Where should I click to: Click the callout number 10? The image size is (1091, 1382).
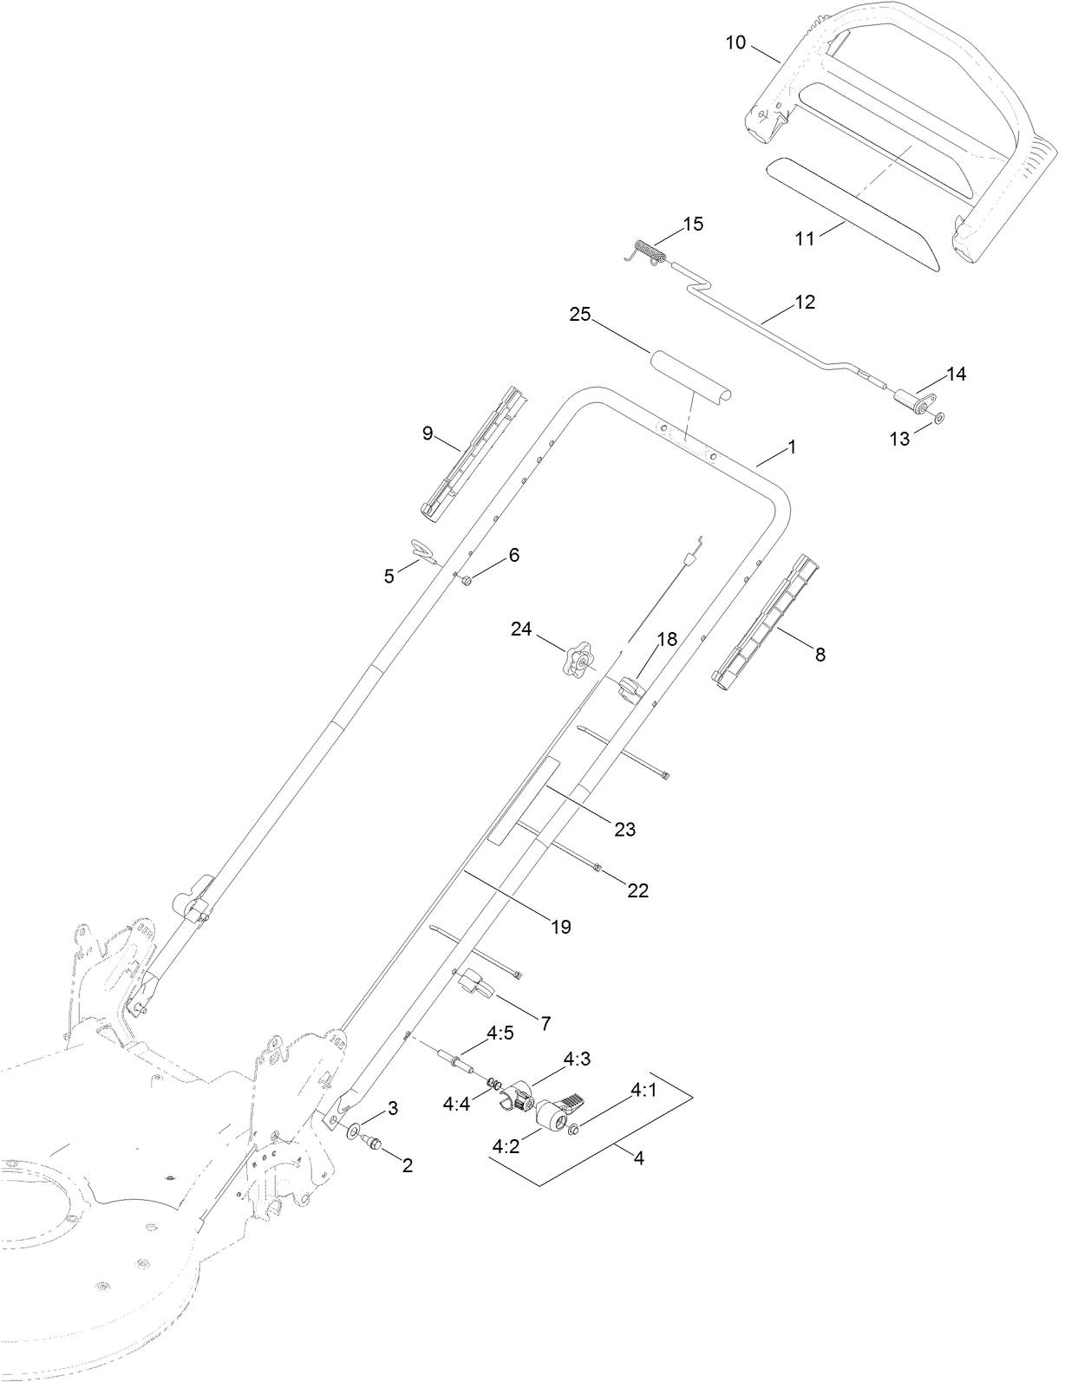735,42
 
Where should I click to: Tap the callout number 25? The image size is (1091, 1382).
579,315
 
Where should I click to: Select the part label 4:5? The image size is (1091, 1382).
500,1033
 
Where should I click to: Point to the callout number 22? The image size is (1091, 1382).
637,890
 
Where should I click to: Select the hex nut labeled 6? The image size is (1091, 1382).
466,580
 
